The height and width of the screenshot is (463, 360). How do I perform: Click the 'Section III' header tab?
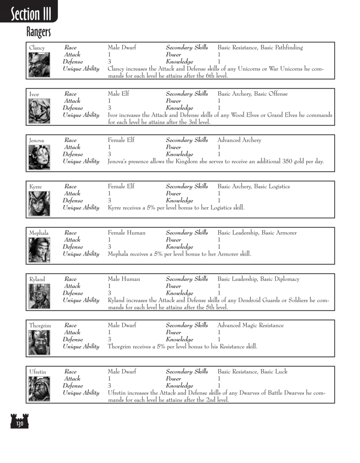point(30,14)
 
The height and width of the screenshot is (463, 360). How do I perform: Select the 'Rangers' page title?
point(39,32)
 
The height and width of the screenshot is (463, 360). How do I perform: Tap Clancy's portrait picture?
point(39,65)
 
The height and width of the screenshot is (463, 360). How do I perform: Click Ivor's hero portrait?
point(39,111)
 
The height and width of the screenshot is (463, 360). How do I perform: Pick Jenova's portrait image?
point(39,157)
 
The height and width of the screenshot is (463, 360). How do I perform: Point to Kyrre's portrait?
point(39,203)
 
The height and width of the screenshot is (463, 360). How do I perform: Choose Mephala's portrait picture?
point(39,250)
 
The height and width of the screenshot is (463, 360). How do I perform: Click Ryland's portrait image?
point(39,296)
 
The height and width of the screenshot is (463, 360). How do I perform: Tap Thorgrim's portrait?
point(39,342)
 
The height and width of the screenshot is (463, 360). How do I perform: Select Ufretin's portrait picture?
point(39,389)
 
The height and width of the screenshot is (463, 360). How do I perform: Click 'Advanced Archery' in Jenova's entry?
point(239,140)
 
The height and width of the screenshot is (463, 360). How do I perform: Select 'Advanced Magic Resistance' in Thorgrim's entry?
point(250,325)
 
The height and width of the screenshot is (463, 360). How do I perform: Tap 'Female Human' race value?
point(126,233)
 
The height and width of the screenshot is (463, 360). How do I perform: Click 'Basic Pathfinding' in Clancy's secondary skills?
point(282,48)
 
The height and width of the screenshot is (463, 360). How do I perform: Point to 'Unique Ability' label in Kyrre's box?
point(81,208)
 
